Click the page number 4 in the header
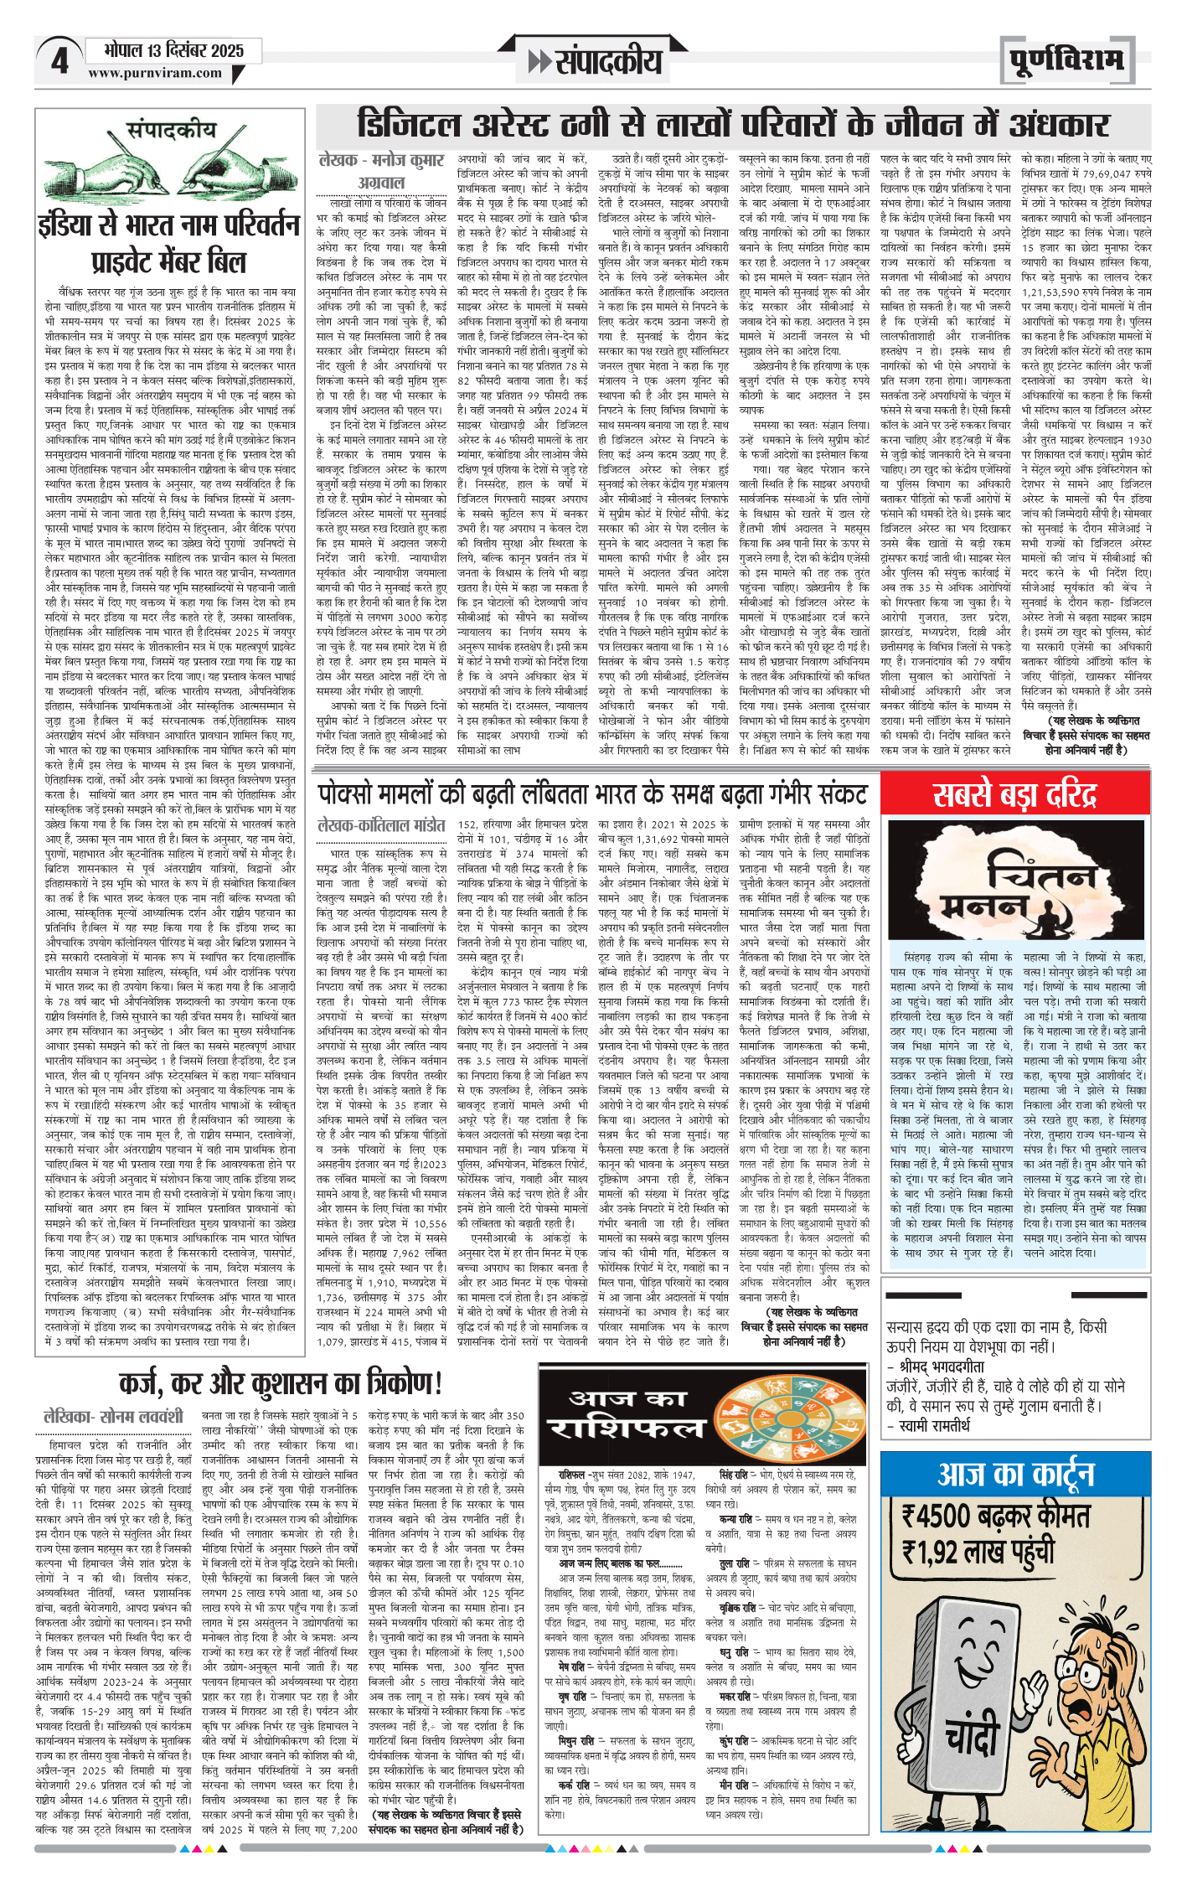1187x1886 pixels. (59, 60)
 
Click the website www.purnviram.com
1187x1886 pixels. (155, 73)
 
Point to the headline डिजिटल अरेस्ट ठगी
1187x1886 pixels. (733, 125)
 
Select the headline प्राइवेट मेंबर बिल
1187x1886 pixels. (168, 262)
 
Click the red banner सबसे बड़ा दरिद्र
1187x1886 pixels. (1014, 793)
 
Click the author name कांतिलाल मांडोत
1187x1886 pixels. (381, 826)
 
